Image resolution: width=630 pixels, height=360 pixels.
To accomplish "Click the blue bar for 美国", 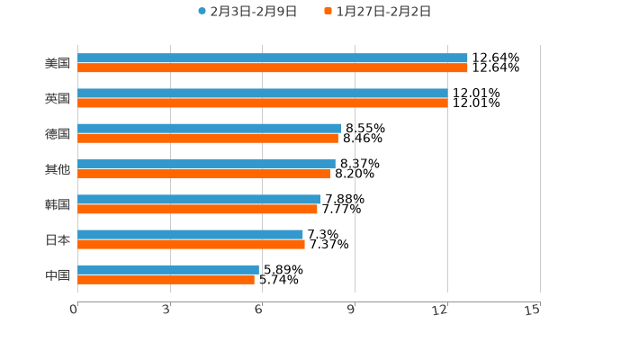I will point(272,58).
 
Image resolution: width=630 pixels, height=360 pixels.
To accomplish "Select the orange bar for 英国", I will point(262,103).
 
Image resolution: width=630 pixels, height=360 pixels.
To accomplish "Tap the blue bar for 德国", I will point(209,129).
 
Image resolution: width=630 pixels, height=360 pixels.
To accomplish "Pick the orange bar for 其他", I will point(203,174).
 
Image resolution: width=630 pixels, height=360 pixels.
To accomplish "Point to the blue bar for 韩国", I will point(199,199).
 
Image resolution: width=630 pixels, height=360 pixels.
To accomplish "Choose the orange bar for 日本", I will point(191,244).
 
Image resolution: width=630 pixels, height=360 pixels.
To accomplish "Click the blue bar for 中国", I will point(167,269).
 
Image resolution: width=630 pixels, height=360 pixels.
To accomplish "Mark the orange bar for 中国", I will point(166,280).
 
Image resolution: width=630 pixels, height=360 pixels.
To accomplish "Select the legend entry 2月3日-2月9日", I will point(247,12).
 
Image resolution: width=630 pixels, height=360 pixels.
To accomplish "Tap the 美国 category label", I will point(58,64).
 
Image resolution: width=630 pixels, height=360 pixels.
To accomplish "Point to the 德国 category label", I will point(58,134).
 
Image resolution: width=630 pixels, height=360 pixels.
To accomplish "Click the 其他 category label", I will point(58,169).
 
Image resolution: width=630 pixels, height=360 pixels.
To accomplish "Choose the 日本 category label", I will point(58,239).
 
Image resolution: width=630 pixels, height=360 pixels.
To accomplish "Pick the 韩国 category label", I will point(58,204).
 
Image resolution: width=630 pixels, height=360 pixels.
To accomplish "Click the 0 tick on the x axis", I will point(74,310).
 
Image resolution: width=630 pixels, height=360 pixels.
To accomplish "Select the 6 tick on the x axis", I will point(258,310).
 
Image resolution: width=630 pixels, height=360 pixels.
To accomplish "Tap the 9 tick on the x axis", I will point(351,310).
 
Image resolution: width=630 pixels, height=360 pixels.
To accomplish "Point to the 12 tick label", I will point(441,310).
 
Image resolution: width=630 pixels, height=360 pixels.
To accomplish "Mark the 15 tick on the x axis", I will point(533,310).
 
